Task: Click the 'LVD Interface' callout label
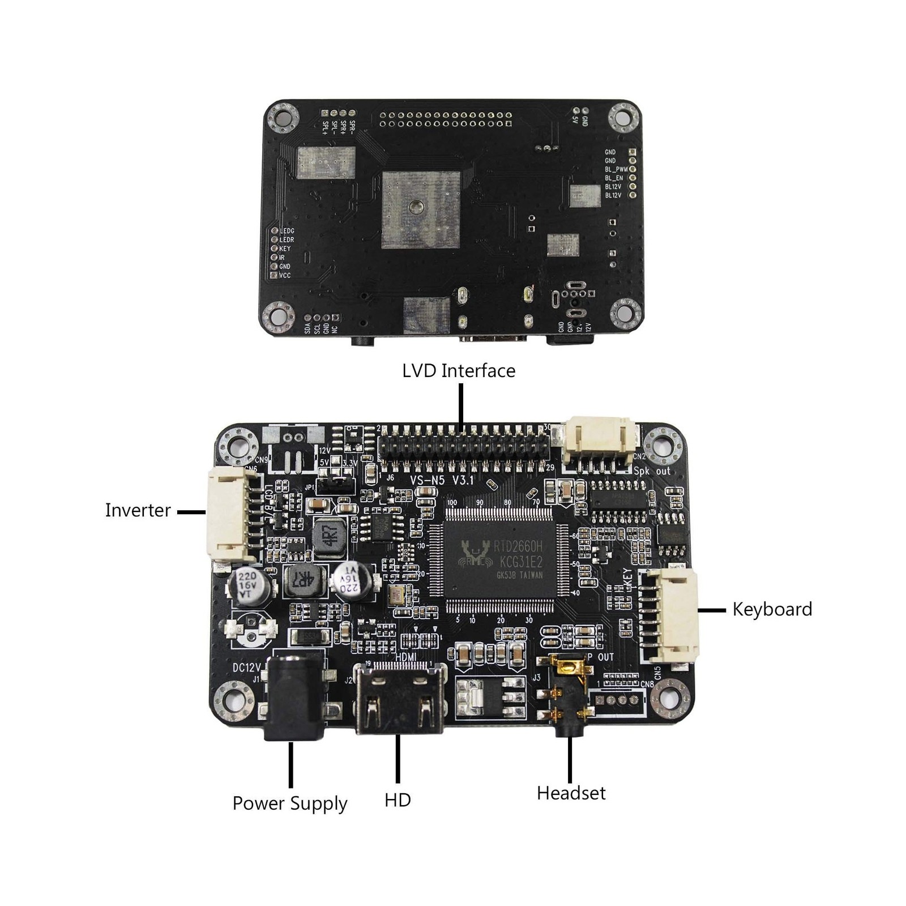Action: (459, 371)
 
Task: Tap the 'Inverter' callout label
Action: (138, 510)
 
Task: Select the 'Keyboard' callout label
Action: (772, 609)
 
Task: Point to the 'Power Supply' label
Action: (289, 804)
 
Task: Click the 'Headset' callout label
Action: (571, 793)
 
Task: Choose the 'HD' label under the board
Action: (398, 800)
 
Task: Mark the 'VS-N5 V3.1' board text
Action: (441, 480)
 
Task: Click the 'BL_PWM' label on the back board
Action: (616, 169)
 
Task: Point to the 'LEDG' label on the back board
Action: (287, 231)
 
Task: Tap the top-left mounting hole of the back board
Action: (283, 118)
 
